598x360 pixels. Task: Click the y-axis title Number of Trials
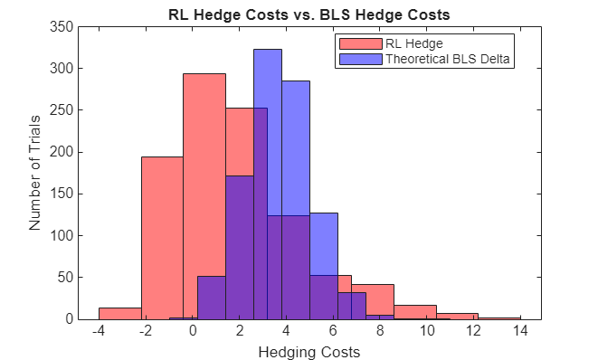coord(35,173)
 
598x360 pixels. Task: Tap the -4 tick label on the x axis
coord(99,332)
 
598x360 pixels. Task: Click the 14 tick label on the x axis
coord(519,332)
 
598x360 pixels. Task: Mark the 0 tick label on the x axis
coord(193,332)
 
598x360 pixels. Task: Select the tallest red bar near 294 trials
coord(204,181)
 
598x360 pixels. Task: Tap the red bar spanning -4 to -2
coord(119,313)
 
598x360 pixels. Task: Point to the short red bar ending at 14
coord(499,317)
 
